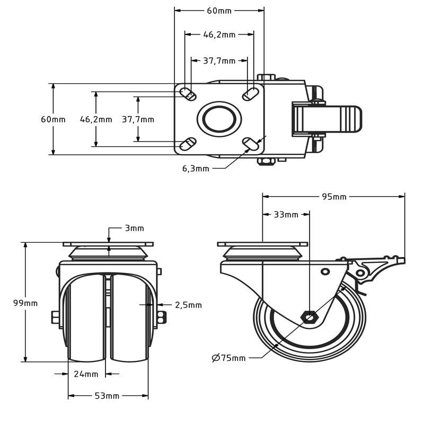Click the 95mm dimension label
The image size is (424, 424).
334,197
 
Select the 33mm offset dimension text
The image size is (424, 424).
286,215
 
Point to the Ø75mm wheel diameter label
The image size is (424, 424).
229,358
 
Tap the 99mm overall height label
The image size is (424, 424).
25,303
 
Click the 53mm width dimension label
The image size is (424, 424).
107,396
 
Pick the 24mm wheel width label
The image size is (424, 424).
86,374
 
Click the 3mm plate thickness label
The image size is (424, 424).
134,228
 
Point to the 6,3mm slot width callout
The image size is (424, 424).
196,169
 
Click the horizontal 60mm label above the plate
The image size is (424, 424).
219,11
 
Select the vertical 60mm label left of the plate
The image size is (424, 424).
53,119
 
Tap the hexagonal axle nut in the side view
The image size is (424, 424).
309,317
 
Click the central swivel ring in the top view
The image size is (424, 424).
219,119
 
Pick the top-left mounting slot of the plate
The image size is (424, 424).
188,94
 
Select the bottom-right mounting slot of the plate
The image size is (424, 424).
251,144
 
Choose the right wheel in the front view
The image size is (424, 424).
129,318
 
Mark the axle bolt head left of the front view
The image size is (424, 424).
55,317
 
